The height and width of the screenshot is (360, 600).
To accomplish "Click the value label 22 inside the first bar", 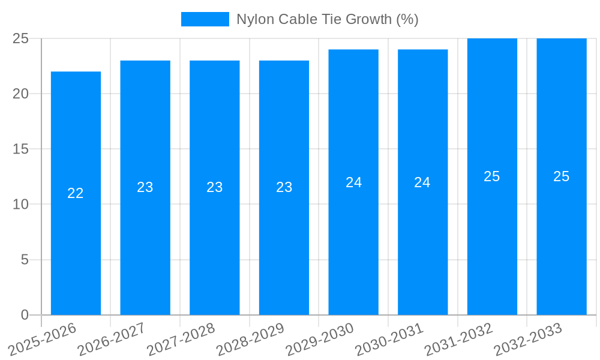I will click(x=76, y=193).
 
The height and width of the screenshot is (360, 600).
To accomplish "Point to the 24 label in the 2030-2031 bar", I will click(x=422, y=182).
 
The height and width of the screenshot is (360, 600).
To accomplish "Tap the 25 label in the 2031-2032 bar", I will click(x=492, y=176).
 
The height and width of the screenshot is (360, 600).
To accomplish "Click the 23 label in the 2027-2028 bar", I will click(x=215, y=187).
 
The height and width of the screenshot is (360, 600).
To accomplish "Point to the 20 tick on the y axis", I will click(x=20, y=94).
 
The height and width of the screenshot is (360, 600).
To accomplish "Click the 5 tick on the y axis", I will click(x=25, y=260).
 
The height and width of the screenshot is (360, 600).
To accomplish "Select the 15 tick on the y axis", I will click(x=20, y=149).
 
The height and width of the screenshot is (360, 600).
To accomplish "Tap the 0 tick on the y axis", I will click(x=25, y=315).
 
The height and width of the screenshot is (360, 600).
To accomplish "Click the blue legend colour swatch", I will click(x=205, y=19).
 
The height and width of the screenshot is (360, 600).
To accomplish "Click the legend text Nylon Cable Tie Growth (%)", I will click(x=327, y=19).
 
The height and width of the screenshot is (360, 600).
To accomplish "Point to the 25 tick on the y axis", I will click(x=20, y=38).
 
